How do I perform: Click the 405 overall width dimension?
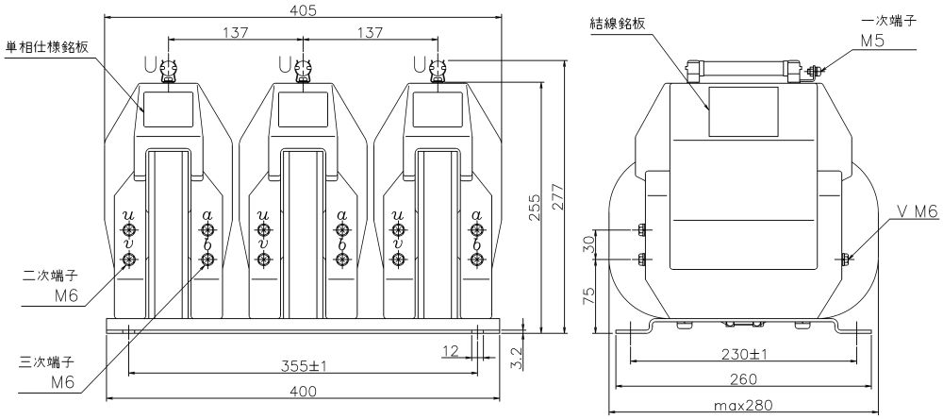pyautogui.click(x=304, y=10)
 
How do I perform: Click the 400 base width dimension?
pyautogui.click(x=304, y=392)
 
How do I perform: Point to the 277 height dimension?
pyautogui.click(x=557, y=195)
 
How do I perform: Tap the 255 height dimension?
pyautogui.click(x=536, y=209)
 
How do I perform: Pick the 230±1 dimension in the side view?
pyautogui.click(x=742, y=354)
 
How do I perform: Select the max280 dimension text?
pyautogui.click(x=742, y=405)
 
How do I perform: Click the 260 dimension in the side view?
pyautogui.click(x=742, y=379)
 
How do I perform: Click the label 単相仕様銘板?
pyautogui.click(x=47, y=47)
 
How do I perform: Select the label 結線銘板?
pyautogui.click(x=619, y=24)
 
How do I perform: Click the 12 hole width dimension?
pyautogui.click(x=451, y=350)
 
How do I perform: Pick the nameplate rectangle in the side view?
pyautogui.click(x=743, y=111)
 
